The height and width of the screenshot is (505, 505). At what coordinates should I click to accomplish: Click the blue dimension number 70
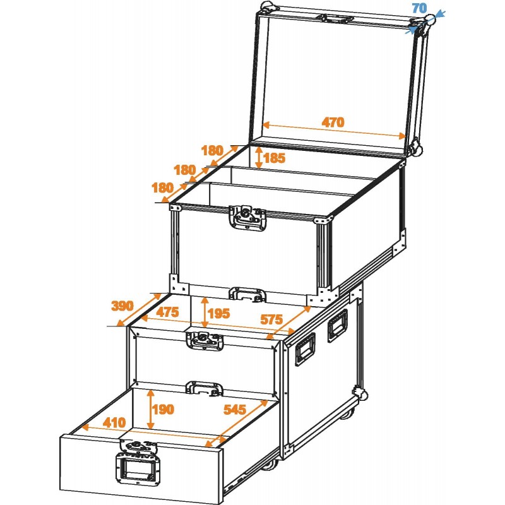click(419, 8)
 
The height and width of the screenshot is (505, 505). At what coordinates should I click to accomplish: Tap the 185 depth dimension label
click(275, 158)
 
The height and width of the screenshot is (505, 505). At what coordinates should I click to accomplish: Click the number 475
click(169, 312)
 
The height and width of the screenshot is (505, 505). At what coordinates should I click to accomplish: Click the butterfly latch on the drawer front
click(141, 449)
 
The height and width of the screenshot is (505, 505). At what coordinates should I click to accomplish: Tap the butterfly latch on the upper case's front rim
click(248, 216)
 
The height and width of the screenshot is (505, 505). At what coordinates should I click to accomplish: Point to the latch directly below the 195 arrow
click(205, 340)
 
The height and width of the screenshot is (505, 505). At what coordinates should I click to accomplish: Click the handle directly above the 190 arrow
click(205, 386)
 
